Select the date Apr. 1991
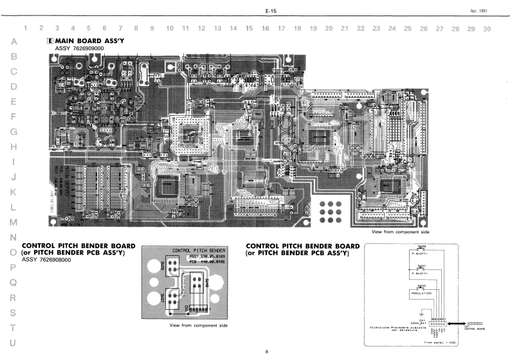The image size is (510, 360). point(478,12)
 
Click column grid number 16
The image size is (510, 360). point(266,28)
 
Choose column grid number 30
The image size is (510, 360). point(487,28)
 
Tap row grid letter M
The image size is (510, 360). point(14,222)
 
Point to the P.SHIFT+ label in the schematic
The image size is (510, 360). point(421,274)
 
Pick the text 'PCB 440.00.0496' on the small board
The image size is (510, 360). point(206,262)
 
